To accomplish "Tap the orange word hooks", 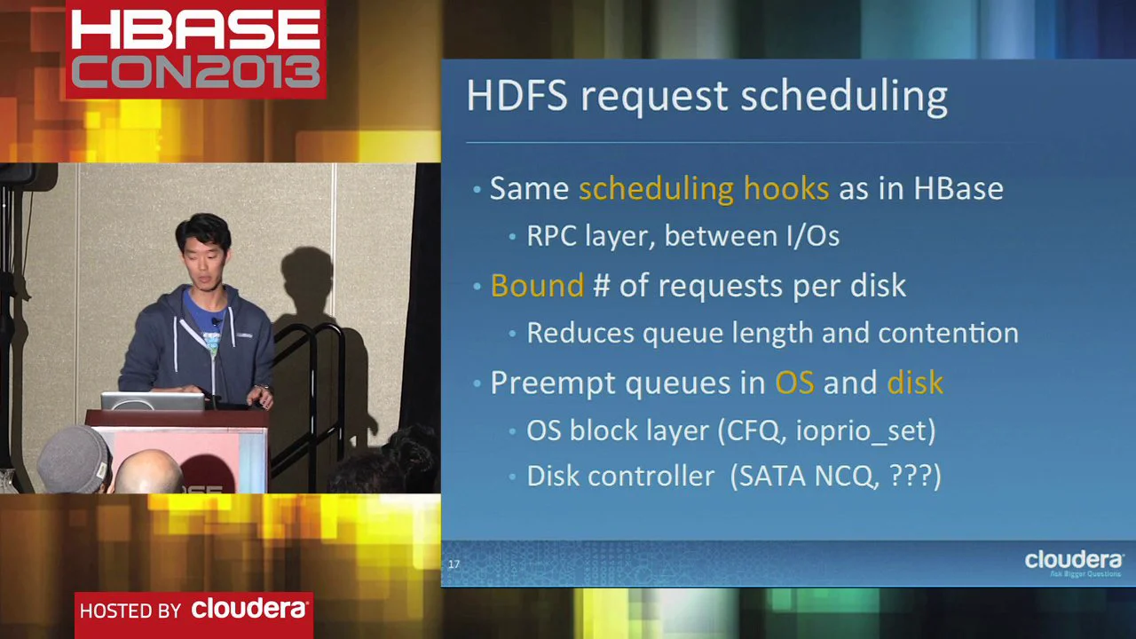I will click(785, 188).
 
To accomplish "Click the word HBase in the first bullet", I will click(958, 188).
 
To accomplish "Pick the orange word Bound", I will click(536, 286).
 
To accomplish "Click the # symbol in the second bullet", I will click(601, 286).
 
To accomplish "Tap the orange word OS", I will click(793, 383).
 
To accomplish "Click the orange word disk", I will click(914, 383).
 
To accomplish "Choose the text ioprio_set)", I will click(865, 430).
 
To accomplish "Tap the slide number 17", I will click(454, 564).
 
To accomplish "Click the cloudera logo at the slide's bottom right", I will click(1073, 561).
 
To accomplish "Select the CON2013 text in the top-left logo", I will click(195, 70).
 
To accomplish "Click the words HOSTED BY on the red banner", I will click(130, 611).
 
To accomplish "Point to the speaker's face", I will click(201, 258).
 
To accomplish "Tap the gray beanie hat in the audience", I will click(74, 459).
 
